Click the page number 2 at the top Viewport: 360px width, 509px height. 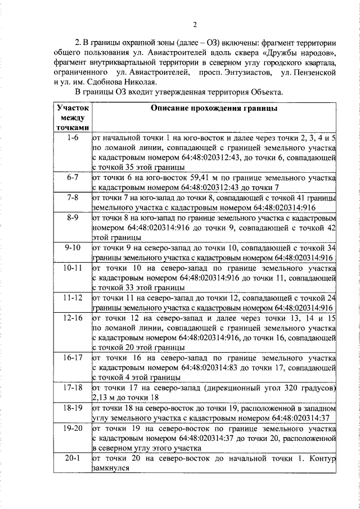click(195, 25)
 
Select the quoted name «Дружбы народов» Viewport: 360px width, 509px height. click(308, 53)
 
